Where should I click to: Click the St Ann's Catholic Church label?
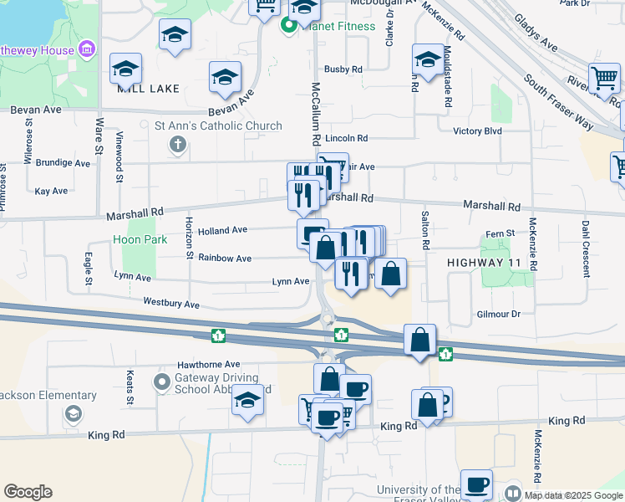click(218, 126)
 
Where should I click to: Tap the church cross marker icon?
click(177, 146)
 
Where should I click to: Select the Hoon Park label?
click(140, 239)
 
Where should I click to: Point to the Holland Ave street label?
click(222, 230)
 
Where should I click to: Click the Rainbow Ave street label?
click(225, 259)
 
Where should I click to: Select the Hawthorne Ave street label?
click(208, 365)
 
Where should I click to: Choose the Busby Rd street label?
click(343, 69)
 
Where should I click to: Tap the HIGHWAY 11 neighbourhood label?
click(484, 263)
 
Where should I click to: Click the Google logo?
click(28, 492)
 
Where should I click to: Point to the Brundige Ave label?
click(63, 163)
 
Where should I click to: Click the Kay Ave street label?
click(52, 191)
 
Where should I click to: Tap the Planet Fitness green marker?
click(289, 25)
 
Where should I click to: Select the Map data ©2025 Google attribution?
click(572, 494)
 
